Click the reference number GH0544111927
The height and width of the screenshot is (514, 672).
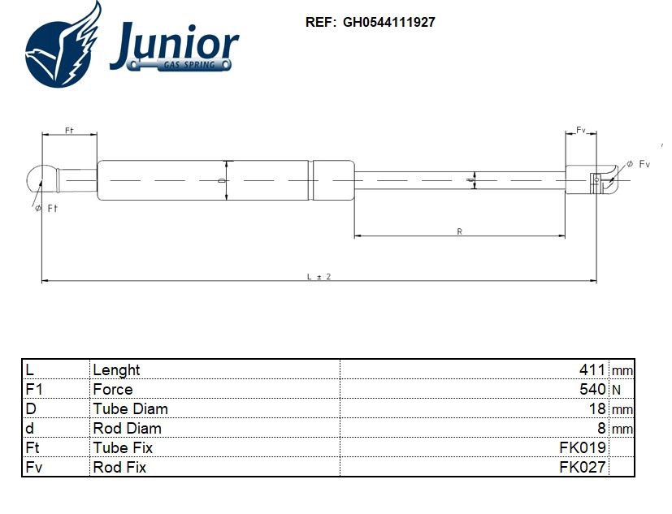point(388,23)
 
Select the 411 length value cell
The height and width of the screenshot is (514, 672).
point(592,369)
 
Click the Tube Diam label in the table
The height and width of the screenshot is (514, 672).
point(130,408)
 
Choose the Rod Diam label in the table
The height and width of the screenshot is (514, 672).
point(127,428)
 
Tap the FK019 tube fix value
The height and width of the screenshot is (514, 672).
point(583,447)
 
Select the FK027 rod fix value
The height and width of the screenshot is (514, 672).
point(583,467)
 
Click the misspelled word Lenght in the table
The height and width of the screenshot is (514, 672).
point(116,369)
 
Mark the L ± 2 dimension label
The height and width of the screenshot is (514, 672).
point(319,276)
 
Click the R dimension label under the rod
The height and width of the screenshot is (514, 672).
point(459,232)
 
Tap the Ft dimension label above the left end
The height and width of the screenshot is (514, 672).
point(69,131)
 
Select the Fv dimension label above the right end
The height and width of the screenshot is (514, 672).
point(581,130)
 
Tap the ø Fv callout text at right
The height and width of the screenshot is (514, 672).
point(639,164)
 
